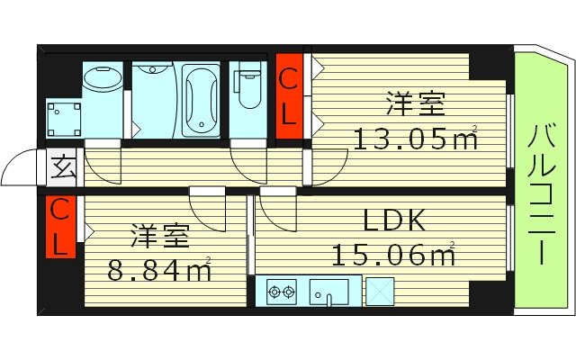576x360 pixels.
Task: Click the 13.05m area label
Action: [415, 139]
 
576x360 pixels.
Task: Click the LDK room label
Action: [393, 221]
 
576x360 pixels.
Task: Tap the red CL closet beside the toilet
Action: [289, 97]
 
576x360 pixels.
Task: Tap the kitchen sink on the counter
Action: [328, 292]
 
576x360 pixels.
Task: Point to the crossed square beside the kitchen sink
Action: [377, 291]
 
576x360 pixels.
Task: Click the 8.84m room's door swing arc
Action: [209, 212]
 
